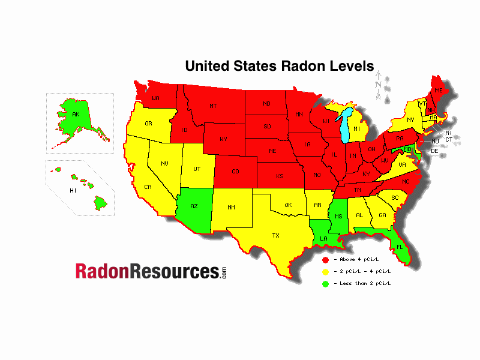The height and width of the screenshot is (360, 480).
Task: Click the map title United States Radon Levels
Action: pyautogui.click(x=279, y=65)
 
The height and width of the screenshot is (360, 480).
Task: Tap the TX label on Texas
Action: pyautogui.click(x=276, y=235)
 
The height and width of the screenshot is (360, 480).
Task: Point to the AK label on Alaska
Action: pyautogui.click(x=76, y=114)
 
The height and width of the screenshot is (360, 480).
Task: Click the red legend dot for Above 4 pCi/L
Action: pyautogui.click(x=325, y=260)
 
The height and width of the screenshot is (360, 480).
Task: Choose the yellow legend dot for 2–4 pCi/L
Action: pyautogui.click(x=325, y=271)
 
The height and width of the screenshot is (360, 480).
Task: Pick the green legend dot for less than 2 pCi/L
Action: pyautogui.click(x=325, y=283)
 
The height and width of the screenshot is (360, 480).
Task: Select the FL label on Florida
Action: pyautogui.click(x=399, y=247)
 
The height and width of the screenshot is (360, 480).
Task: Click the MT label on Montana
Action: pyautogui.click(x=213, y=106)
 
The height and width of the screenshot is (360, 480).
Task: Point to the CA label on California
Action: pyautogui.click(x=148, y=187)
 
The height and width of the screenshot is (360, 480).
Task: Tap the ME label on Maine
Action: pyautogui.click(x=438, y=90)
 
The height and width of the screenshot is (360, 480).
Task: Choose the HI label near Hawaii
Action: pyautogui.click(x=73, y=190)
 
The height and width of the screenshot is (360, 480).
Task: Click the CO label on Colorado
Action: pyautogui.click(x=235, y=172)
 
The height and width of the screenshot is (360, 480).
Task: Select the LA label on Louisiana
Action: pyautogui.click(x=323, y=238)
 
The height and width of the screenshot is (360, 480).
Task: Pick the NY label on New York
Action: pyautogui.click(x=410, y=120)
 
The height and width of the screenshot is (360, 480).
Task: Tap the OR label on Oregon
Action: pyautogui.click(x=149, y=124)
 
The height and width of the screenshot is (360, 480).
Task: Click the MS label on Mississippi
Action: pyautogui.click(x=338, y=216)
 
